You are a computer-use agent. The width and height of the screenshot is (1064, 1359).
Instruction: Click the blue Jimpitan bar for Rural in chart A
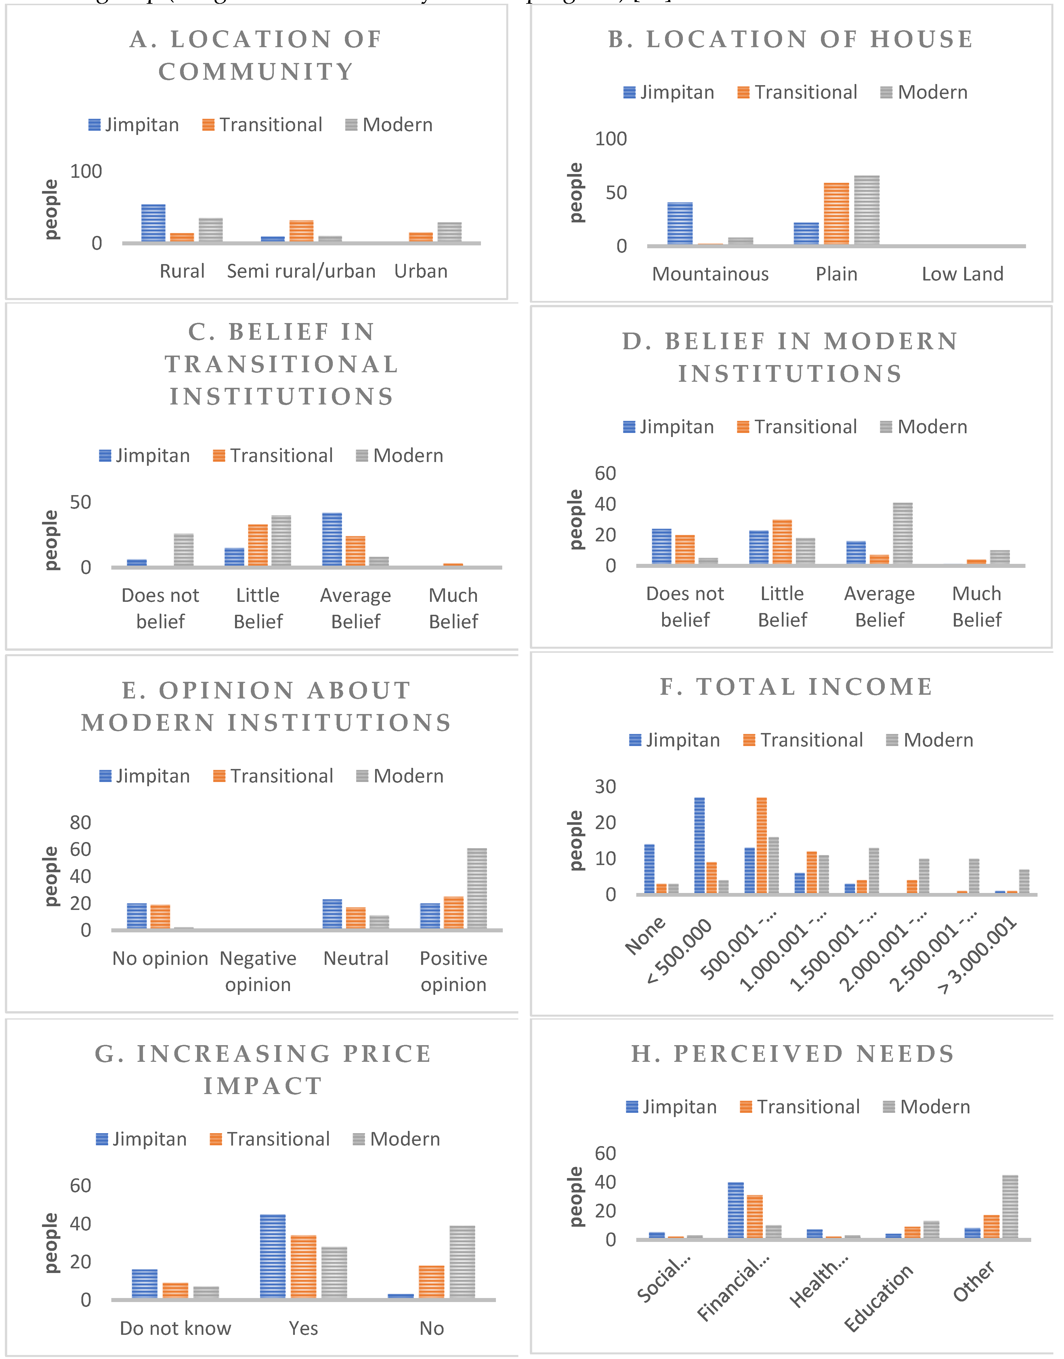pyautogui.click(x=153, y=223)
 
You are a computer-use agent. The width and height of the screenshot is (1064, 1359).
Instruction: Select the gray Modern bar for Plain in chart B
pyautogui.click(x=866, y=210)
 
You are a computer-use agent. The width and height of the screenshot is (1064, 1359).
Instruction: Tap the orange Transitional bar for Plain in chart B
pyautogui.click(x=836, y=214)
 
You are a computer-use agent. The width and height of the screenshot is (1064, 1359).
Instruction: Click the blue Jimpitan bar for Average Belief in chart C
pyautogui.click(x=332, y=540)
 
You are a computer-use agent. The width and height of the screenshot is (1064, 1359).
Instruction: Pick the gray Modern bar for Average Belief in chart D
pyautogui.click(x=903, y=534)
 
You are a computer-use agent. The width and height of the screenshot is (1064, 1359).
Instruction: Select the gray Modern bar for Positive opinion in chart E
pyautogui.click(x=477, y=889)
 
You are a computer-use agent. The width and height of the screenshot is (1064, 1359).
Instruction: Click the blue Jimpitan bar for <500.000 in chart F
pyautogui.click(x=700, y=845)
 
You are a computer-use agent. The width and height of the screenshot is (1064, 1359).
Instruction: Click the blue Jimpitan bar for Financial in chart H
pyautogui.click(x=736, y=1211)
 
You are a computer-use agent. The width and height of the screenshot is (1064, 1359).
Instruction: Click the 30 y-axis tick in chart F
pyautogui.click(x=605, y=787)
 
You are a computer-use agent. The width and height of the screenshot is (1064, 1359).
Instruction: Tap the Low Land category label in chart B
pyautogui.click(x=962, y=274)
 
